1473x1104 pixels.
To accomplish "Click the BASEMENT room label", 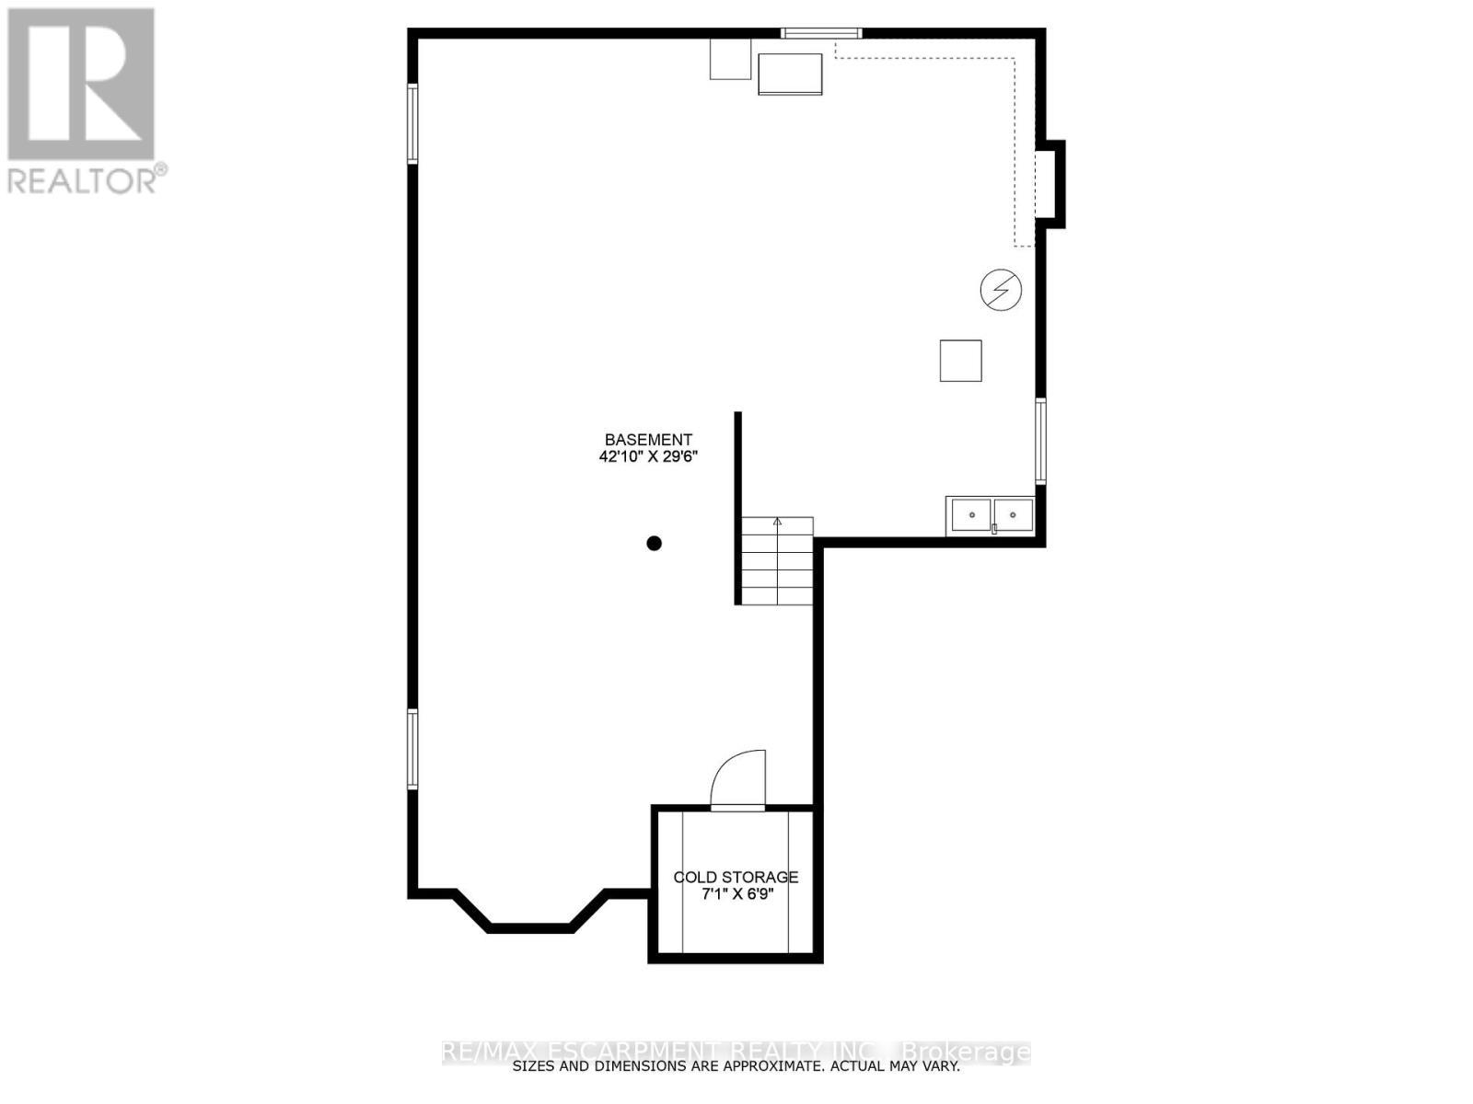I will click(648, 440).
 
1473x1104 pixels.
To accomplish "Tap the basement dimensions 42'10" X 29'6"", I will click(648, 456).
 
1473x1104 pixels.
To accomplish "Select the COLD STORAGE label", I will click(736, 877).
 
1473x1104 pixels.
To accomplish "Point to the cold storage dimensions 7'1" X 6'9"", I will click(736, 893).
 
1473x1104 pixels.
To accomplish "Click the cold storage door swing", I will click(739, 780).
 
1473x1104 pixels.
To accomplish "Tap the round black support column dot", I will click(655, 543).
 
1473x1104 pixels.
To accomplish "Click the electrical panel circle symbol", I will click(1001, 290).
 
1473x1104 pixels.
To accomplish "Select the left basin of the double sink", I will click(970, 515).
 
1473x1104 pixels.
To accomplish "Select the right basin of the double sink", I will click(1014, 515).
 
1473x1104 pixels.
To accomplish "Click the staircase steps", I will click(778, 563).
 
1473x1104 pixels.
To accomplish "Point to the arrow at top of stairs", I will click(777, 523).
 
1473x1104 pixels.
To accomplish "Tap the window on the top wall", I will click(821, 34).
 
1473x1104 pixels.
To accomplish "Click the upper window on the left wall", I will click(413, 123).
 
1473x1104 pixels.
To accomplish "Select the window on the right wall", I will click(1040, 441).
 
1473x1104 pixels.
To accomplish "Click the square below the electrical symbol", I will click(960, 360).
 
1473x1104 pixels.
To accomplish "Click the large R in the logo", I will click(81, 85).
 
